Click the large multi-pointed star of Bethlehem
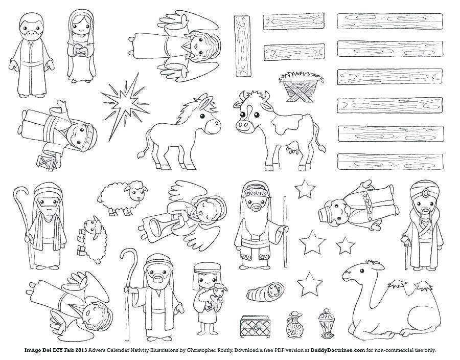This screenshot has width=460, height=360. [125, 104]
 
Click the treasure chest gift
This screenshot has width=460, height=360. [254, 326]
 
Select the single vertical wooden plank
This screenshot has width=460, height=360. [242, 46]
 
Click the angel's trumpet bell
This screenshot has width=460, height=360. [155, 227]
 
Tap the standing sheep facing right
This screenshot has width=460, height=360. [123, 198]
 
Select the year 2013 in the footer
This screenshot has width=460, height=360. [81, 350]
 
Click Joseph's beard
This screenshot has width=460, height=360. [31, 35]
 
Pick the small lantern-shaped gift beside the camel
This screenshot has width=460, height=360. [326, 323]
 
